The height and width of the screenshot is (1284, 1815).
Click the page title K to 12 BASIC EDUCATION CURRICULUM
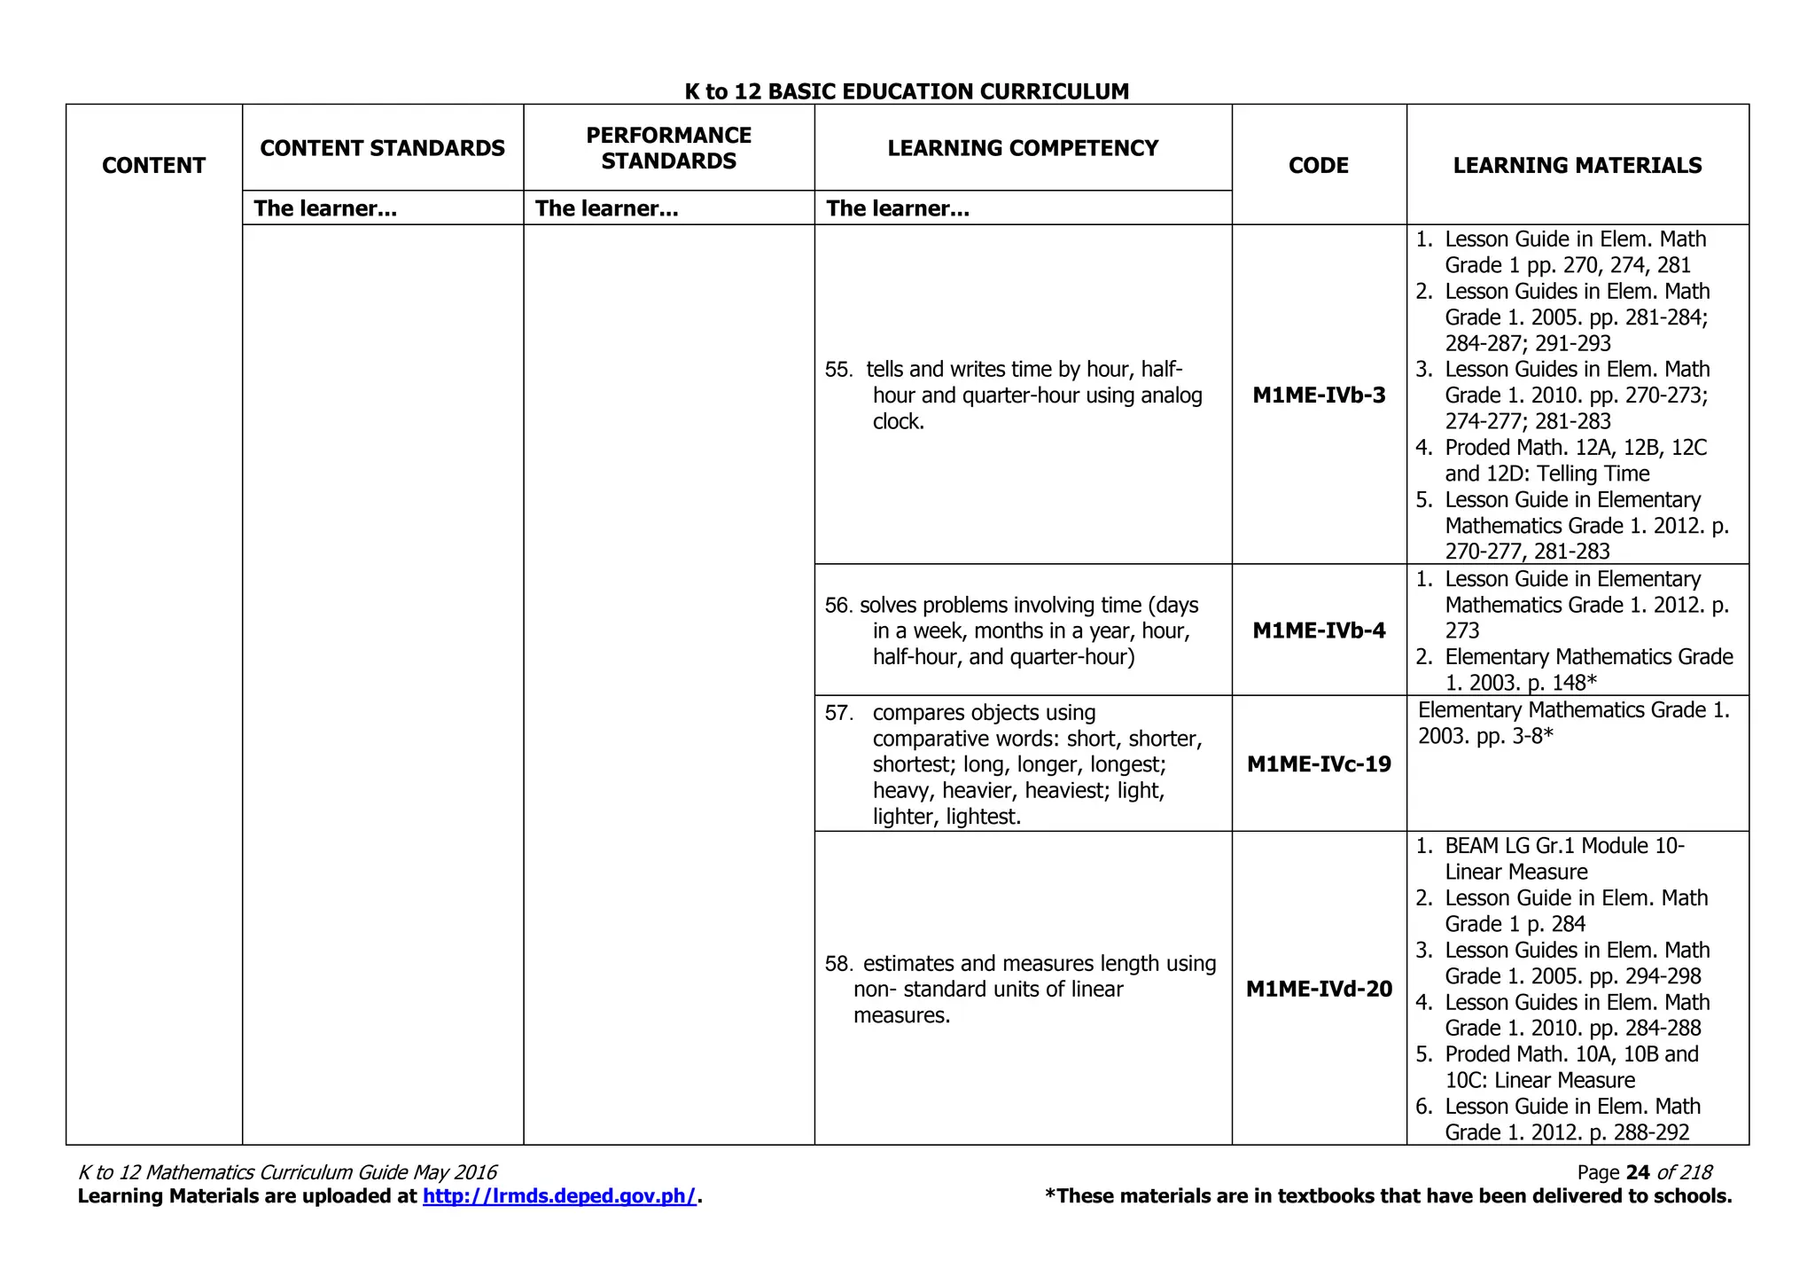click(907, 91)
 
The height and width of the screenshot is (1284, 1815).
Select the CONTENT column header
click(153, 165)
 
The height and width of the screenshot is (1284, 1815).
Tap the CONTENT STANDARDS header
click(382, 148)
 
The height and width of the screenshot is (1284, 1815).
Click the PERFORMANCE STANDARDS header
click(668, 148)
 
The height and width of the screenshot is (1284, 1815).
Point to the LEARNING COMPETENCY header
click(1023, 148)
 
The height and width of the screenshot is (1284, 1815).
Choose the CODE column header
click(1319, 165)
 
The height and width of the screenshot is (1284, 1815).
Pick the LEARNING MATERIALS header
click(1577, 165)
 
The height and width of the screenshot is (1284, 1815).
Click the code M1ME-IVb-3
click(1319, 395)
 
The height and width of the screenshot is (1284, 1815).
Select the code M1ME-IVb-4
click(1319, 630)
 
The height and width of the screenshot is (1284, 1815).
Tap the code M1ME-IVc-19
click(1319, 764)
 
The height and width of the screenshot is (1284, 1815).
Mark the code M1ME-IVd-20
click(1319, 989)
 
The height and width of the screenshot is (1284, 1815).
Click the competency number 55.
click(837, 370)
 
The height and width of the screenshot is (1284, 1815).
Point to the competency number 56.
click(837, 606)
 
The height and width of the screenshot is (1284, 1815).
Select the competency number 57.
click(837, 713)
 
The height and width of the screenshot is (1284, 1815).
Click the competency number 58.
click(837, 964)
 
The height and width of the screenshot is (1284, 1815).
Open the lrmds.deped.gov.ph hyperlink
click(559, 1196)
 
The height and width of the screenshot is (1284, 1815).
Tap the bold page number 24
click(1638, 1172)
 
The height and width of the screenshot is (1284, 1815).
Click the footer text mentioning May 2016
click(287, 1172)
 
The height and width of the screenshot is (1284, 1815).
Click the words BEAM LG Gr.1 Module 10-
click(1564, 846)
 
